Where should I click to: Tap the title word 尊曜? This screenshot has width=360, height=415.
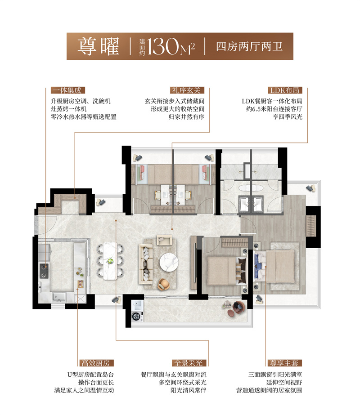[99, 46]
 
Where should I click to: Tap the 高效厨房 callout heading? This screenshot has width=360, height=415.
[96, 363]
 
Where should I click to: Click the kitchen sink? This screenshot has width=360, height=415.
[59, 297]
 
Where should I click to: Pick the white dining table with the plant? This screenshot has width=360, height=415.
[110, 261]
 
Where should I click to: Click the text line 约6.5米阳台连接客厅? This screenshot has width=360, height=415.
[274, 109]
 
